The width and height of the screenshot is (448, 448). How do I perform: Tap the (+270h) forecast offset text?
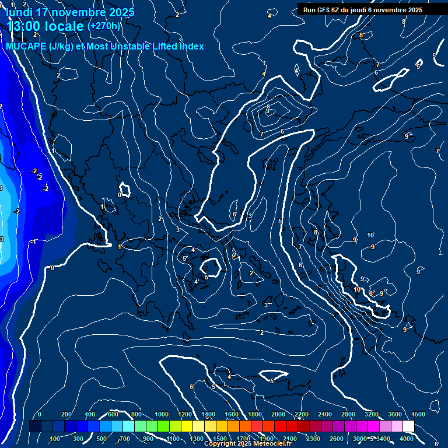point(103,26)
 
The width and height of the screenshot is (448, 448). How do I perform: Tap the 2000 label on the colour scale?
point(278,414)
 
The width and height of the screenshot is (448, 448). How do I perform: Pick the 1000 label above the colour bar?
point(162,414)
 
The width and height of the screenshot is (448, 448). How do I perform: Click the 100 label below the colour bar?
point(55,439)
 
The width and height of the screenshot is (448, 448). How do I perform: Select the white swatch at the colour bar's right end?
point(408,426)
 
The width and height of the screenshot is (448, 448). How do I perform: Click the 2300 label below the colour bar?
point(313,439)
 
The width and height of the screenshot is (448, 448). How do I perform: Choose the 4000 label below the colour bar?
point(407,439)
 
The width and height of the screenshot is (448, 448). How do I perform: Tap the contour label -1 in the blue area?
point(34,242)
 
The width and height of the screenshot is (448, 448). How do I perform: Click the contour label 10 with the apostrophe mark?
point(370,235)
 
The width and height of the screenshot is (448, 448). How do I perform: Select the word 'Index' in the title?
point(191,46)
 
